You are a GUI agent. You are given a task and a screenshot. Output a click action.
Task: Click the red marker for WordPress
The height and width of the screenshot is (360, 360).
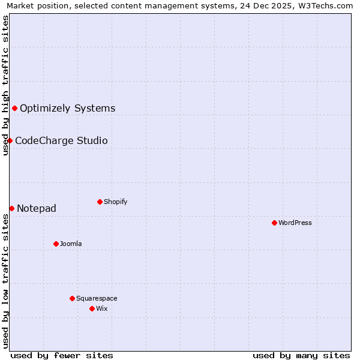pyautogui.click(x=274, y=223)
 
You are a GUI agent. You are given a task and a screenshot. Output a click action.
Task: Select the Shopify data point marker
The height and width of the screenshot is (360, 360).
pyautogui.click(x=100, y=202)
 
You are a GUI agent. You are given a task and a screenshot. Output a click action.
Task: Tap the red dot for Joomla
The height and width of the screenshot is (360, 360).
pyautogui.click(x=56, y=244)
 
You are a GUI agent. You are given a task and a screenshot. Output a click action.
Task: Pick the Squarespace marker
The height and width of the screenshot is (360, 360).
pyautogui.click(x=72, y=298)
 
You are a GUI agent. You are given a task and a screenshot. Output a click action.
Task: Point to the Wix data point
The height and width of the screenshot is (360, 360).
pyautogui.click(x=92, y=308)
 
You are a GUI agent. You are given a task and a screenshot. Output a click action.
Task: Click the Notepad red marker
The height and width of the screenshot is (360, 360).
pyautogui.click(x=11, y=208)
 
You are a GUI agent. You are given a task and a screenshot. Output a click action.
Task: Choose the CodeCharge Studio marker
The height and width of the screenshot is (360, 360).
pyautogui.click(x=10, y=140)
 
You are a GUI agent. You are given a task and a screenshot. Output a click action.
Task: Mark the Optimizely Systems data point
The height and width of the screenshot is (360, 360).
pyautogui.click(x=14, y=108)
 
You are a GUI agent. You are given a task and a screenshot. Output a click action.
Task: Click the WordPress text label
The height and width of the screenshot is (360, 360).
pyautogui.click(x=295, y=223)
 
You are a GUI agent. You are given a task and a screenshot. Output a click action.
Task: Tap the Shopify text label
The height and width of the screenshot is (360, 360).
pyautogui.click(x=116, y=202)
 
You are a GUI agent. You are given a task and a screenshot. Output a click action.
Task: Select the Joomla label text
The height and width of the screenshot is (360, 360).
pyautogui.click(x=71, y=244)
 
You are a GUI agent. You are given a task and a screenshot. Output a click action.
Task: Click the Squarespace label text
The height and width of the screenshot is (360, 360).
pyautogui.click(x=97, y=298)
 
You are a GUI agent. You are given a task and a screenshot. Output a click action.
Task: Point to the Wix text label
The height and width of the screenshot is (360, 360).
pyautogui.click(x=102, y=308)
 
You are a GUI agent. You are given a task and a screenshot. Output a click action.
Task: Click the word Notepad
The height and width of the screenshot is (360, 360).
pyautogui.click(x=37, y=209)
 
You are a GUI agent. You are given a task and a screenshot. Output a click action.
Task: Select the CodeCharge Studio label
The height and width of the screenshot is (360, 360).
pyautogui.click(x=61, y=141)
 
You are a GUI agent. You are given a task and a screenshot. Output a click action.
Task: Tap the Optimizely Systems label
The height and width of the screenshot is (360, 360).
pyautogui.click(x=67, y=109)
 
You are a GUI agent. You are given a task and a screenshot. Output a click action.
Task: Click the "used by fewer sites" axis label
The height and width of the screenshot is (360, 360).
pyautogui.click(x=62, y=355)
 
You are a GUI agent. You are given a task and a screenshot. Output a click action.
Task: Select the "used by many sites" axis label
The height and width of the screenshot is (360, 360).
pyautogui.click(x=301, y=355)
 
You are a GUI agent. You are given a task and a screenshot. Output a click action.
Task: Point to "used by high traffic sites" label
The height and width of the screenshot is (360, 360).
pyautogui.click(x=5, y=85)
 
